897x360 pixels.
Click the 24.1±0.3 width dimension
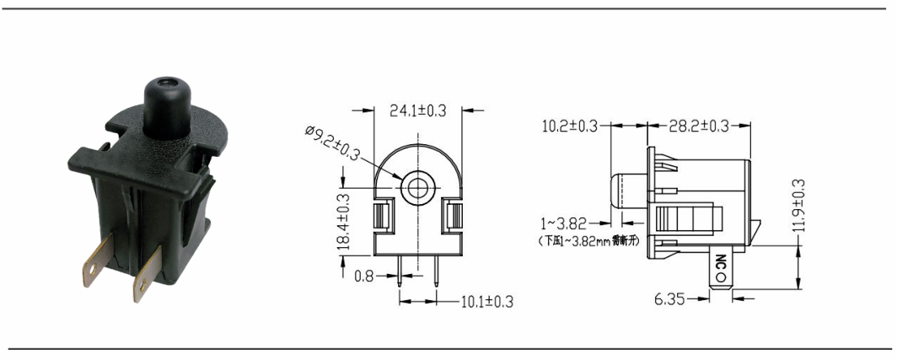(419, 110)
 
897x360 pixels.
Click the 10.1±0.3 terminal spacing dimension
(486, 301)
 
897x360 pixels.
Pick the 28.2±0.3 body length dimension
(699, 126)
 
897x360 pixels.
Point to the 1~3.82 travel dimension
(565, 224)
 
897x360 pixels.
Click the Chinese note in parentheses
(588, 241)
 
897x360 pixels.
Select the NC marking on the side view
(720, 267)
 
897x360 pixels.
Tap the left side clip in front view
(381, 216)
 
